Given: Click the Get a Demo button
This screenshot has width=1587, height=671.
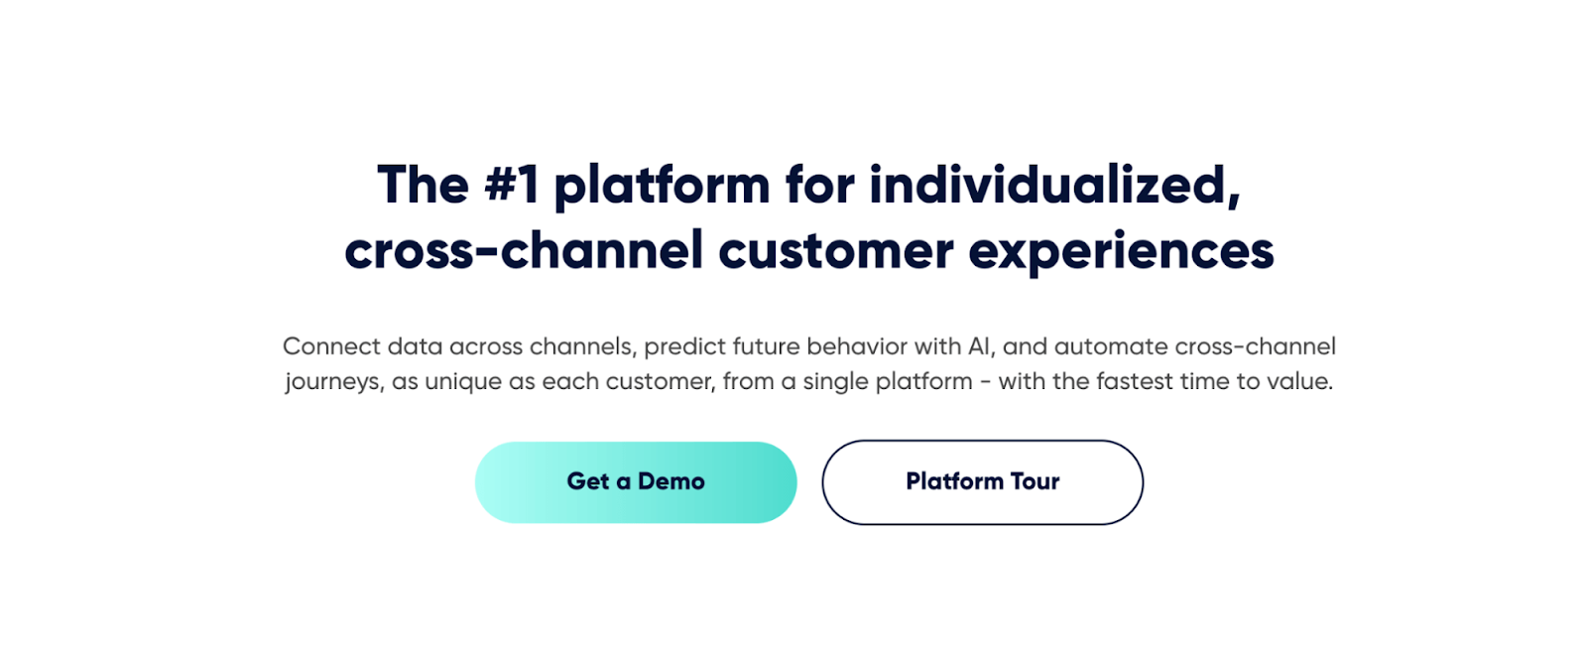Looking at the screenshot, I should (x=635, y=482).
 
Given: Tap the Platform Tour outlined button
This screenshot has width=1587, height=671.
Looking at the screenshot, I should (x=982, y=482).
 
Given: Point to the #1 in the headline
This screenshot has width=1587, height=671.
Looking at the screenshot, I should (x=512, y=186).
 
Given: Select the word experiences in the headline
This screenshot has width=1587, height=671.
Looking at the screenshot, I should (x=1121, y=251).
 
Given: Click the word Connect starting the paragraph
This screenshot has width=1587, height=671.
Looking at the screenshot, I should (x=331, y=346).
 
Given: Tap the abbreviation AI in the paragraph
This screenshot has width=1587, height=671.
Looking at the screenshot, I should (x=978, y=346).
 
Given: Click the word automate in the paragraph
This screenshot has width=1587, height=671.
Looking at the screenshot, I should (x=1110, y=346).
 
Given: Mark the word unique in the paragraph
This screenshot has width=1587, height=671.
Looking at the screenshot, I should (x=463, y=382).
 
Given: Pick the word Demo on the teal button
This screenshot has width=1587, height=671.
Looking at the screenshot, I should (x=671, y=481).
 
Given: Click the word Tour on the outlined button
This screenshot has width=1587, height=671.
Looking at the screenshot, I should (x=1035, y=481).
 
